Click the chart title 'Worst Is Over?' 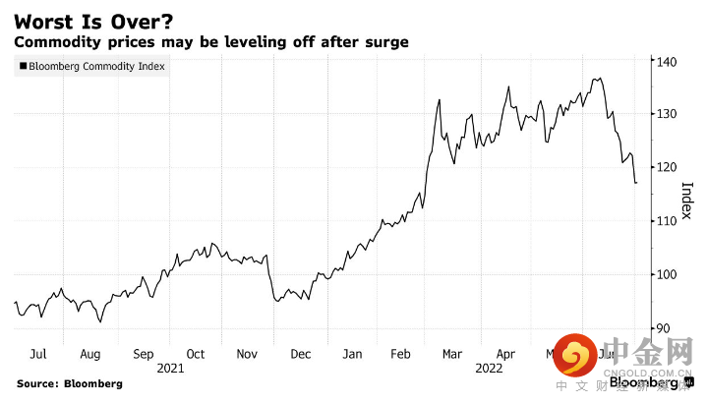[86, 20]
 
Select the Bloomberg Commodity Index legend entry [92, 67]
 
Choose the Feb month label [402, 353]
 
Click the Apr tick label [505, 353]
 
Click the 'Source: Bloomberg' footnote [69, 382]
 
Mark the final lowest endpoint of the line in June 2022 [636, 183]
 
